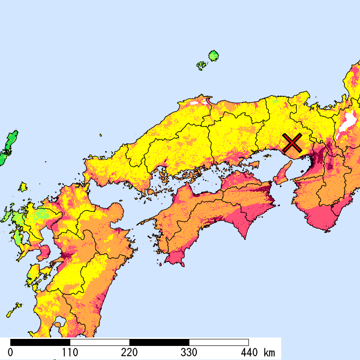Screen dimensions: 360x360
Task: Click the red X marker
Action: (292, 142)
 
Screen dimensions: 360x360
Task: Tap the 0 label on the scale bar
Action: (10, 352)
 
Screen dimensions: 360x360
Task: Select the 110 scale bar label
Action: (69, 352)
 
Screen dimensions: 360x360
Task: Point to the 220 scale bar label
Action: (129, 352)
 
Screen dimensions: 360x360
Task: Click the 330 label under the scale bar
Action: (189, 352)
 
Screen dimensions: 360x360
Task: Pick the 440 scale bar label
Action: (248, 352)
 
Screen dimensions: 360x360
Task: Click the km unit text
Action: (269, 352)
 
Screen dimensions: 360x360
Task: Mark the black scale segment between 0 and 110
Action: (40, 342)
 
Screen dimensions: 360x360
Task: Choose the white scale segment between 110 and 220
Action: (99, 342)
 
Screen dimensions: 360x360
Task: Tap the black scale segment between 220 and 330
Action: (159, 342)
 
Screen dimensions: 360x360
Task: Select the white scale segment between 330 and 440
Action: (218, 342)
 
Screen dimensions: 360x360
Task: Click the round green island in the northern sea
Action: (214, 55)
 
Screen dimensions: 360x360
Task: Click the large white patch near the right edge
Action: (347, 123)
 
